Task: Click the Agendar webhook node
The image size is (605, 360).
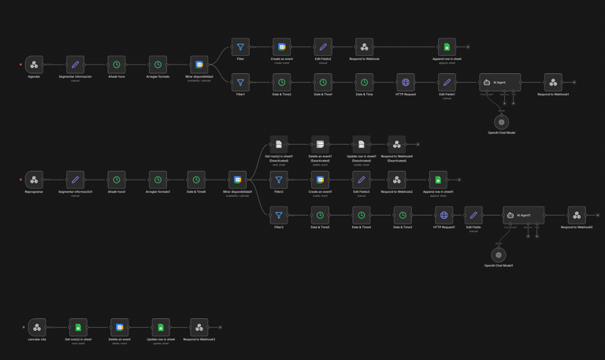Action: tap(34, 65)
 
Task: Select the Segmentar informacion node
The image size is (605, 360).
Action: tap(75, 65)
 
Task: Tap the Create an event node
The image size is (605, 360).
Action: tap(281, 47)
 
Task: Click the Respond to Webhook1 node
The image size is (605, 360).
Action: tap(553, 82)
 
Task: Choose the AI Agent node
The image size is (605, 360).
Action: tap(499, 82)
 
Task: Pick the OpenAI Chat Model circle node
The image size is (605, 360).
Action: tap(501, 122)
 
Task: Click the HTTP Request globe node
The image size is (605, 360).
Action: tap(405, 82)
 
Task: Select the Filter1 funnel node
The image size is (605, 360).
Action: tap(240, 82)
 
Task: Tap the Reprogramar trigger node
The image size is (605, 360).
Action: tap(34, 180)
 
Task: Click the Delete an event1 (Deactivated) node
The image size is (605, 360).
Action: tap(320, 144)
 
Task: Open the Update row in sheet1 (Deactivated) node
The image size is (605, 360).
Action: tap(361, 144)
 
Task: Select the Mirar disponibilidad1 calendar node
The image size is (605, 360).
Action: tap(237, 180)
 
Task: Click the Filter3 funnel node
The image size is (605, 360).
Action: tap(279, 215)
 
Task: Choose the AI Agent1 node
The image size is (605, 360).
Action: tap(523, 215)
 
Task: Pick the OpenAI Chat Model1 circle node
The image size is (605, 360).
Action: tap(499, 255)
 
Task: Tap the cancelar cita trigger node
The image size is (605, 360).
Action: tap(37, 327)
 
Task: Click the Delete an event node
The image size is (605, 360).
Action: tap(119, 327)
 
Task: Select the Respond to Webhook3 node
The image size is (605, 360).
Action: tap(199, 327)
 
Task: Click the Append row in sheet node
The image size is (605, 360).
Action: tap(447, 47)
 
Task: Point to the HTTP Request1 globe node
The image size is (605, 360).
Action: tap(444, 215)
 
